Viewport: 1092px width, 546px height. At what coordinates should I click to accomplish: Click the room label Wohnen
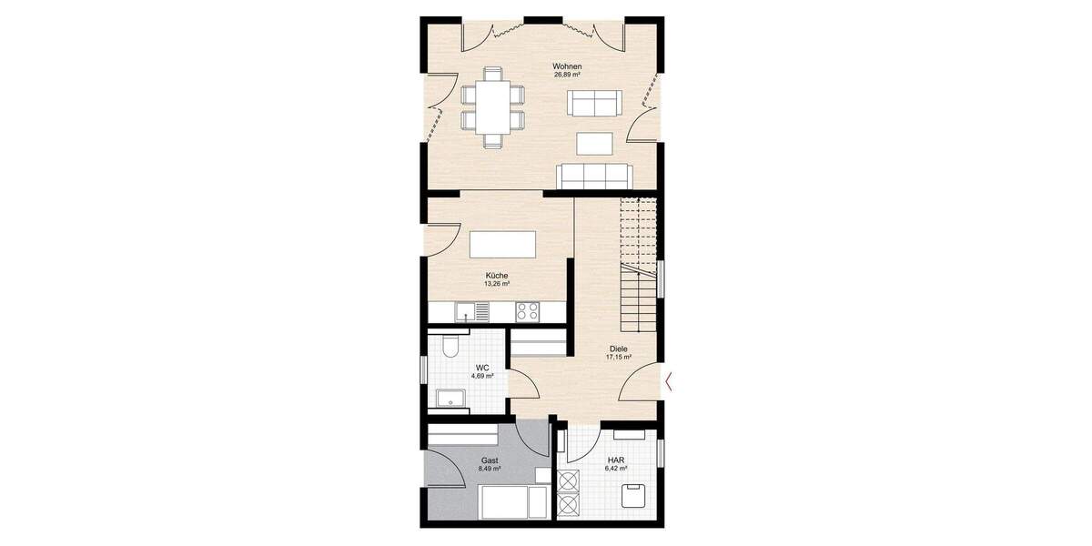coord(567,66)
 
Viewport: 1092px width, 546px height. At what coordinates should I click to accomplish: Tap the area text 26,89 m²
coord(567,76)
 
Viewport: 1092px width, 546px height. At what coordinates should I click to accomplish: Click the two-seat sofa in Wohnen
coord(595,103)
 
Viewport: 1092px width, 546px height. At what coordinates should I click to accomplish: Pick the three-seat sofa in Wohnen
coord(596,175)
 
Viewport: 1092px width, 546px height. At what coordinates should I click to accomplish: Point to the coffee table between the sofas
coord(595,143)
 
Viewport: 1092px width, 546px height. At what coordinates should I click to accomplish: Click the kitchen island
coord(502,246)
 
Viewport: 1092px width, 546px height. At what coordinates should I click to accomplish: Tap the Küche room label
coord(496,276)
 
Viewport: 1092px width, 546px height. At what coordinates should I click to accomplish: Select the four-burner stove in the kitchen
coord(527,311)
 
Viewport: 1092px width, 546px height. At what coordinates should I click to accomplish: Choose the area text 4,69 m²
coord(482,375)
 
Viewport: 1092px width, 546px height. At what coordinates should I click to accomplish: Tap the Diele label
coord(618,349)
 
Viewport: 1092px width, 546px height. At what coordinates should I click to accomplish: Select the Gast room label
coord(490,461)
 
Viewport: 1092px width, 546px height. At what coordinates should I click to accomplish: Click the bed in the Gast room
coord(514,501)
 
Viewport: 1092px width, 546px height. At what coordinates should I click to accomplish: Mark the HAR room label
coord(616,461)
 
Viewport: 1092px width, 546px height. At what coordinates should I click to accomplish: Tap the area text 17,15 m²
coord(618,358)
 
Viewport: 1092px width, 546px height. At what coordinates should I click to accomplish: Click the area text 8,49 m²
coord(490,470)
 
